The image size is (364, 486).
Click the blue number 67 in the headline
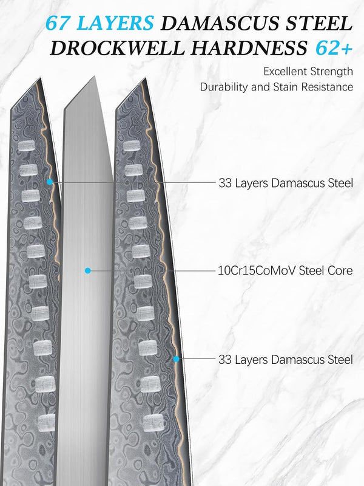pyautogui.click(x=58, y=23)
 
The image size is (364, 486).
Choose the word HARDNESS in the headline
pyautogui.click(x=249, y=48)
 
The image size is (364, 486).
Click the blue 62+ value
pyautogui.click(x=334, y=48)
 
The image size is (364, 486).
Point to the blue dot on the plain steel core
pyautogui.click(x=88, y=270)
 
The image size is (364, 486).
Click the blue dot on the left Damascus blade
pyautogui.click(x=50, y=182)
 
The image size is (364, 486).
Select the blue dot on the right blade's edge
pyautogui.click(x=176, y=359)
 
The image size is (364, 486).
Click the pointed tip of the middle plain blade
pyautogui.click(x=94, y=77)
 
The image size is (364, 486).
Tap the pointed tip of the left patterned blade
pyautogui.click(x=41, y=78)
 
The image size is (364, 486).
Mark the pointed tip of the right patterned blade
pyautogui.click(x=145, y=78)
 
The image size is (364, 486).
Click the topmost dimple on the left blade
pyautogui.click(x=27, y=146)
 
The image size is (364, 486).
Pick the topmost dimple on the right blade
pyautogui.click(x=132, y=146)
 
